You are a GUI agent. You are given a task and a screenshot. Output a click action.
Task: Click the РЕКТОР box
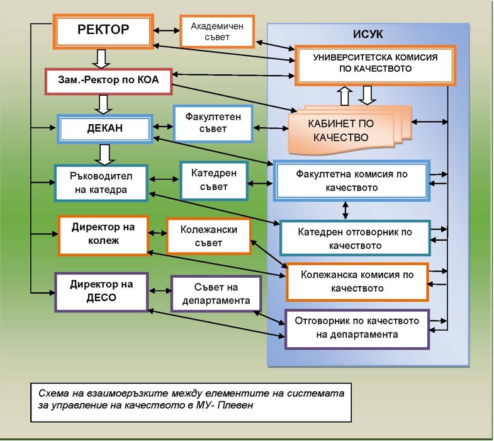coord(103,30)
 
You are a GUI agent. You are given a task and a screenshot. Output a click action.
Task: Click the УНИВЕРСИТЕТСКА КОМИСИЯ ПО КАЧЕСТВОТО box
coord(366,63)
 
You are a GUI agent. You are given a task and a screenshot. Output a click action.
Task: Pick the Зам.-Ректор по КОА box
coord(107,81)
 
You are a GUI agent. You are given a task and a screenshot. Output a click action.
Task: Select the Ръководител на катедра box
coord(101,183)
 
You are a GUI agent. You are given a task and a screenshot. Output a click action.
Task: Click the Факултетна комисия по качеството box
coord(351,181)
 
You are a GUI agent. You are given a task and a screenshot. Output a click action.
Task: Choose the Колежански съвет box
coord(208,236)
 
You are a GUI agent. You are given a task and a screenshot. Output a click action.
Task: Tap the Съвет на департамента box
coord(216,294)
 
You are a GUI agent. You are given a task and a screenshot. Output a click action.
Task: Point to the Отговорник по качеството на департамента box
coord(356,328)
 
